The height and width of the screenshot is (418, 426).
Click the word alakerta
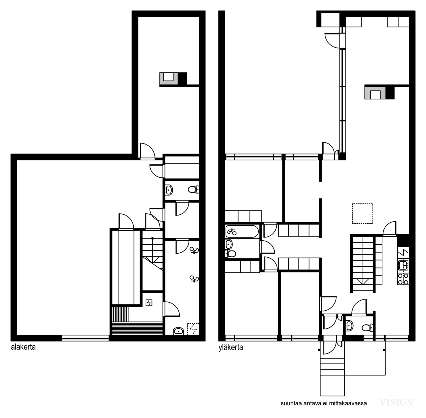point(23,347)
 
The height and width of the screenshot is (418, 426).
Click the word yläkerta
point(231,348)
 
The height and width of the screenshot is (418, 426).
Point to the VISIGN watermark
point(397,403)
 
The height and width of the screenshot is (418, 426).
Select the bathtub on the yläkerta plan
point(242,231)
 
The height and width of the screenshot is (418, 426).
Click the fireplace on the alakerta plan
point(173,79)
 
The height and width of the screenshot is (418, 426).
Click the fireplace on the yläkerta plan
point(379,92)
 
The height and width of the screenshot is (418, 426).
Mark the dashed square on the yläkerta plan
point(362,213)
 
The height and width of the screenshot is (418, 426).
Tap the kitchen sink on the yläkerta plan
point(403,265)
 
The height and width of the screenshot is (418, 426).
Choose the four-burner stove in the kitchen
point(403,279)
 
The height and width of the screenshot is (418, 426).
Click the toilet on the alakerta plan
point(194,189)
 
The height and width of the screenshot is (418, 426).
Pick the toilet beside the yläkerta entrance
point(368,328)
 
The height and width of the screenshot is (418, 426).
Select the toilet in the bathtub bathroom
point(230,254)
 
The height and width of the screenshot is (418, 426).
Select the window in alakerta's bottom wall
point(85,338)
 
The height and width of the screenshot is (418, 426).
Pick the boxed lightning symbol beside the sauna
point(149,303)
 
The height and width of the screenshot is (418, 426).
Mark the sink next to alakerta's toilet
point(169,190)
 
